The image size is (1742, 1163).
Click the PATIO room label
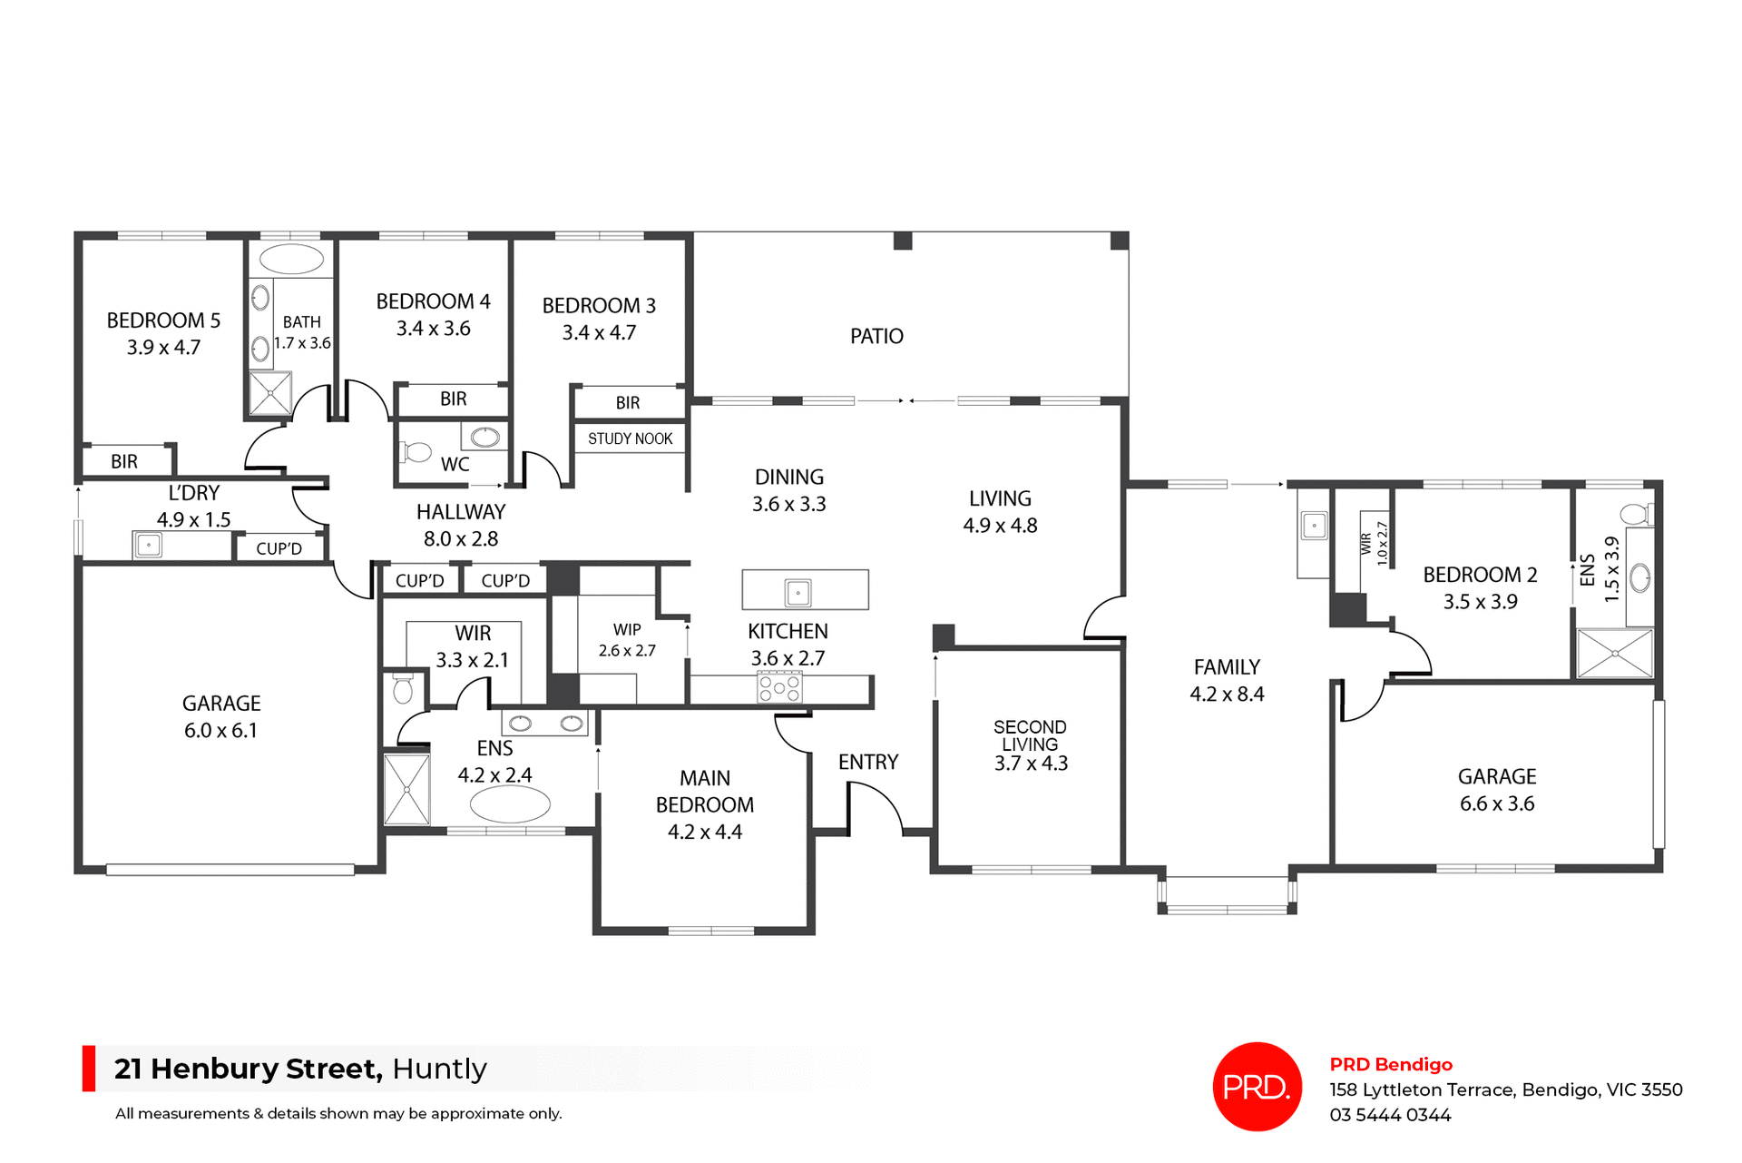tap(876, 336)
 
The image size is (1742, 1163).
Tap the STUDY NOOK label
tap(630, 439)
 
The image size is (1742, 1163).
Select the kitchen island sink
tap(798, 593)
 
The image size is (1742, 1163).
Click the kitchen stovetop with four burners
tap(779, 687)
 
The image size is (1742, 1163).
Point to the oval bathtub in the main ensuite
tap(510, 804)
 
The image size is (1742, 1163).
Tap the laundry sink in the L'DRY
tap(148, 545)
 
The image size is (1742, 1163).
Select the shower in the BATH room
tap(270, 393)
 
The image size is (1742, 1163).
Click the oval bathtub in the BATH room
tap(291, 259)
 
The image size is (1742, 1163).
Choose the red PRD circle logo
tap(1257, 1086)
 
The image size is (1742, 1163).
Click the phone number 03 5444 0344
tap(1390, 1115)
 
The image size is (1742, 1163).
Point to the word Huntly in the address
tap(439, 1069)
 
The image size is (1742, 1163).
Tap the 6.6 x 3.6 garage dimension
tap(1496, 803)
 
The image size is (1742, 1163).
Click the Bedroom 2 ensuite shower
tap(1615, 653)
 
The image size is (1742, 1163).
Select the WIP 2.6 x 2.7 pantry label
tap(627, 640)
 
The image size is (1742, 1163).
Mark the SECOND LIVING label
tap(1030, 735)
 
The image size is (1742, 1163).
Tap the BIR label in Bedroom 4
tap(453, 399)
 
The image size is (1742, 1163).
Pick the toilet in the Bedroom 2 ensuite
tap(1636, 515)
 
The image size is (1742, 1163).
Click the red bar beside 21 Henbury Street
tap(89, 1068)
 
